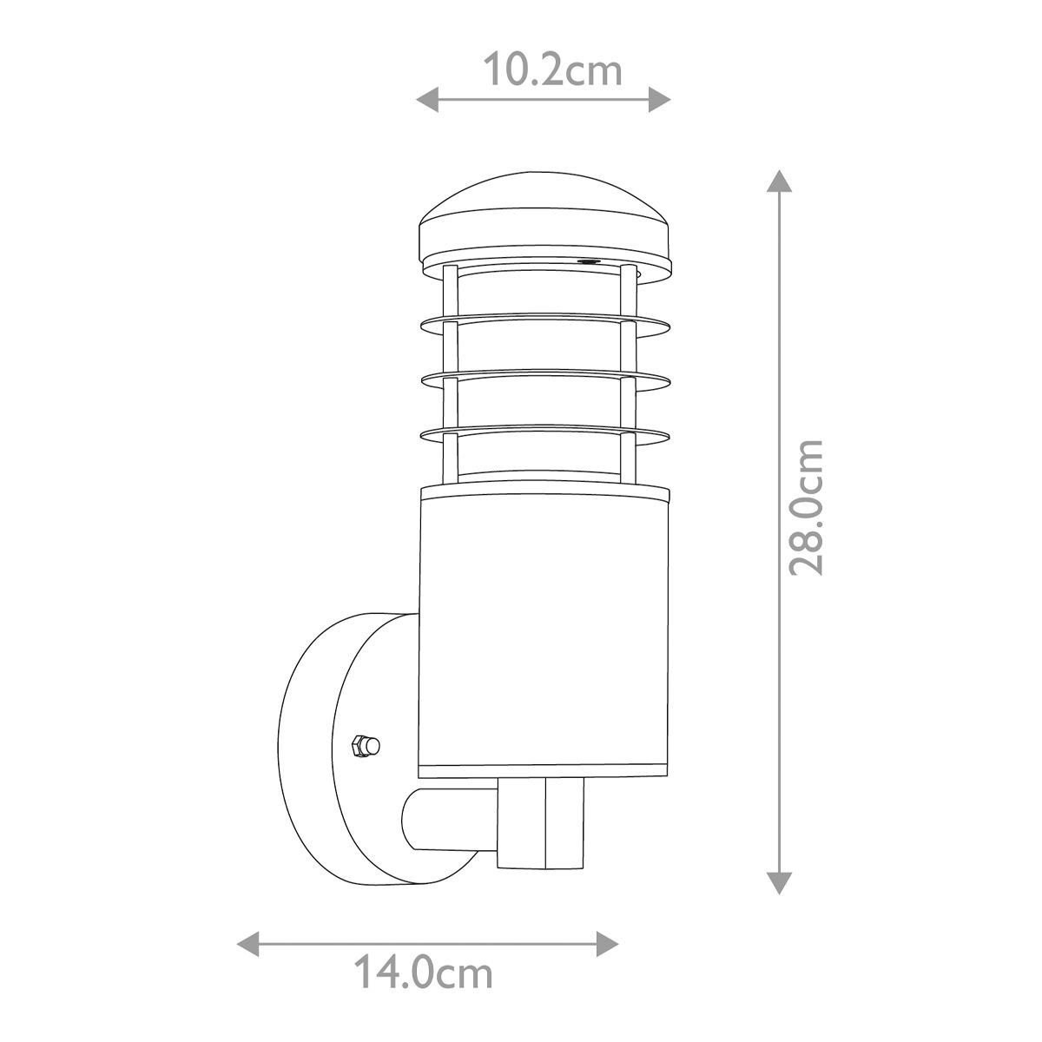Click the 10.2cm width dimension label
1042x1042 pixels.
point(552,69)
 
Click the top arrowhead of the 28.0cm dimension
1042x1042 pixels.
point(780,182)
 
